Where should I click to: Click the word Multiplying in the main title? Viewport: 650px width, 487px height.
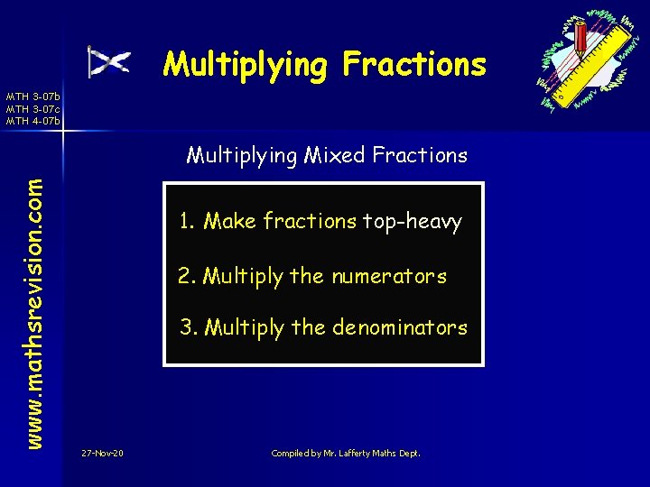(x=245, y=65)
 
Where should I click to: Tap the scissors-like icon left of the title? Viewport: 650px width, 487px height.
(x=108, y=62)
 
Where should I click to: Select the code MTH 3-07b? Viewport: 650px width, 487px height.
(x=33, y=96)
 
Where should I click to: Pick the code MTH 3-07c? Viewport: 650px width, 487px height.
(x=33, y=108)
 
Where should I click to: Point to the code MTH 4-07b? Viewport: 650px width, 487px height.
(x=33, y=120)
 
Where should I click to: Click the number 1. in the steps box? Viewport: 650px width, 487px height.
(x=187, y=221)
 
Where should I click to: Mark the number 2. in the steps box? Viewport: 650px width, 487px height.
(x=187, y=276)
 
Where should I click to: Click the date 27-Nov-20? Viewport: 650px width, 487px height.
(x=102, y=452)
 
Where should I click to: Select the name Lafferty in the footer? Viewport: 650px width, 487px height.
(x=355, y=452)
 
